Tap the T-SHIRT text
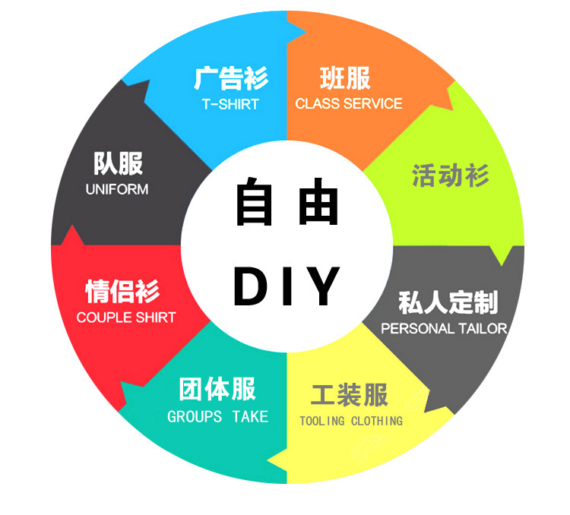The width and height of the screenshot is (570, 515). (230, 104)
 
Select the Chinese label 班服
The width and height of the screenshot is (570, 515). (345, 78)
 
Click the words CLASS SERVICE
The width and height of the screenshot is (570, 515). (349, 103)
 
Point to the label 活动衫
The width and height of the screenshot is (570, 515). (450, 176)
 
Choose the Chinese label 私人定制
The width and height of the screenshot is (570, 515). (448, 302)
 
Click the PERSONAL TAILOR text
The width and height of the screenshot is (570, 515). (444, 329)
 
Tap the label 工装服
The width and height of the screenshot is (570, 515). (350, 396)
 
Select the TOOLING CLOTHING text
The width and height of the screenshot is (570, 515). (350, 421)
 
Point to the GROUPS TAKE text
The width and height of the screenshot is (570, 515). (217, 416)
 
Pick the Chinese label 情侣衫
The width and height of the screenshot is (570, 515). (122, 292)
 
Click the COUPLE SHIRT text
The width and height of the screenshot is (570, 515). (126, 318)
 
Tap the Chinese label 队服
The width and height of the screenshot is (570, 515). (118, 163)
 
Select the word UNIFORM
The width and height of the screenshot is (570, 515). (117, 189)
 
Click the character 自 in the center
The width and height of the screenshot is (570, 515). (253, 202)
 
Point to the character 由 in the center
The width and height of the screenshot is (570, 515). (318, 202)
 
